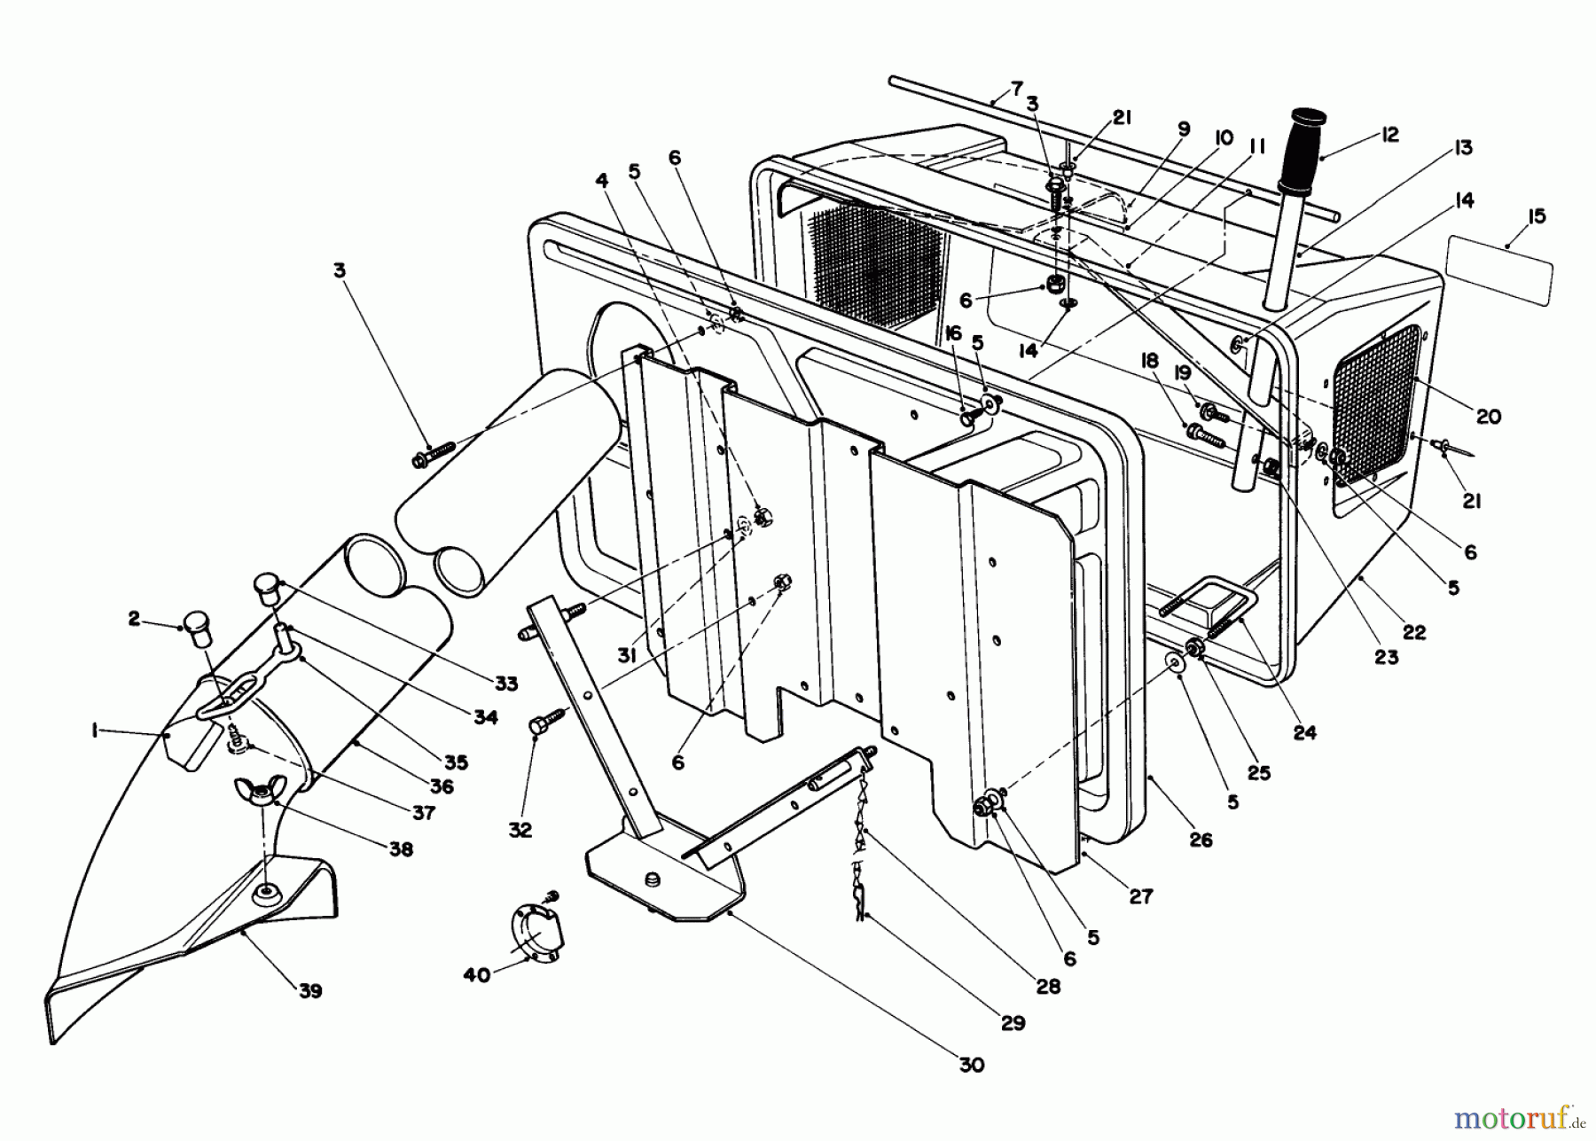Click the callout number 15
(x=1537, y=216)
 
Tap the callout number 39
(x=309, y=991)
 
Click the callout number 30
(x=972, y=1065)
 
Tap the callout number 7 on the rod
(x=1016, y=90)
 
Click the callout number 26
(x=1201, y=840)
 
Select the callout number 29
(x=1013, y=1023)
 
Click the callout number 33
(x=506, y=684)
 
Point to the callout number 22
(x=1414, y=632)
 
